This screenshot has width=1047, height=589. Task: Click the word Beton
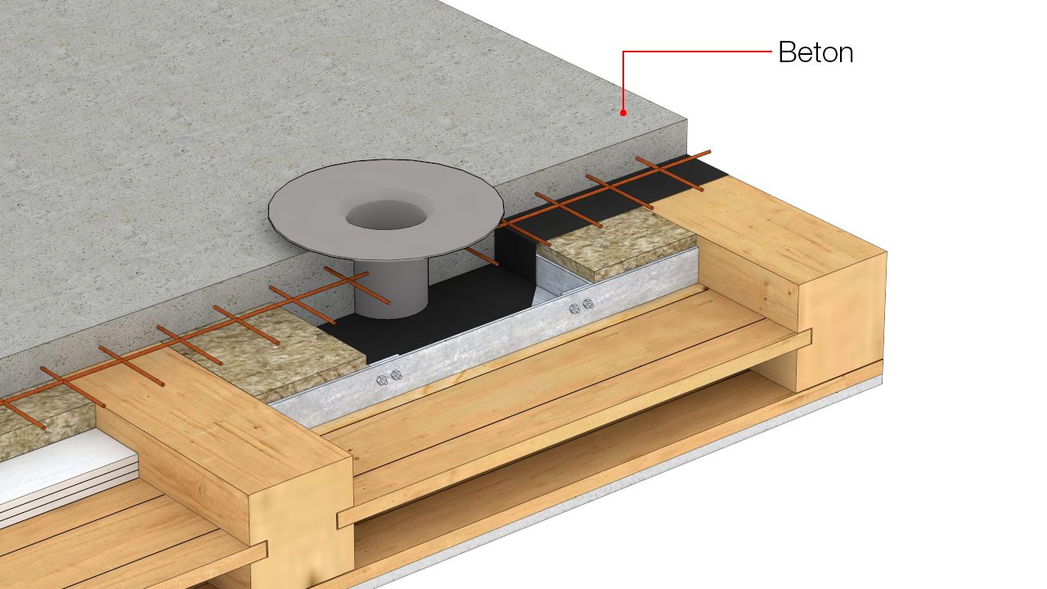click(816, 52)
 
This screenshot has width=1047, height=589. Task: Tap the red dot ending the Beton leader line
click(623, 113)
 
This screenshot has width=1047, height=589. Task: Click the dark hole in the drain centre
click(386, 215)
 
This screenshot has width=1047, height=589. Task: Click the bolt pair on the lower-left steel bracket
click(389, 377)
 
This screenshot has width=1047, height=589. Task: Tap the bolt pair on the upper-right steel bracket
click(582, 306)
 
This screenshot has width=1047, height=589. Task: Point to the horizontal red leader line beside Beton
click(697, 52)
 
